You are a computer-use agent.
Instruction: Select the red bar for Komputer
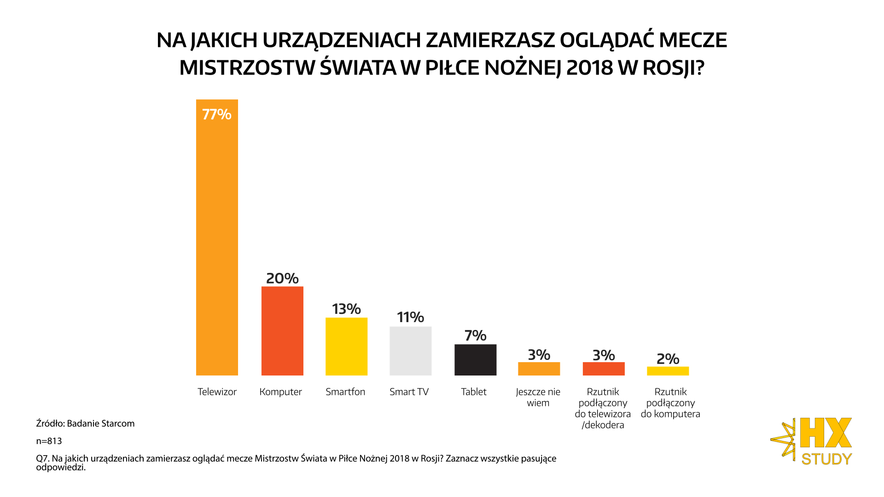tap(282, 331)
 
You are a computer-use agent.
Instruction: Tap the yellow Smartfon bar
tap(346, 347)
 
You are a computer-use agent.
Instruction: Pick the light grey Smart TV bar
tap(410, 351)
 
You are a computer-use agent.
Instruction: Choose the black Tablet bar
tap(475, 360)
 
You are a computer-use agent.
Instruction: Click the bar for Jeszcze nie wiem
tap(539, 369)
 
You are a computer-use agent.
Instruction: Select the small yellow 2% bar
tap(668, 371)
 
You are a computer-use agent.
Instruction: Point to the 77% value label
tap(217, 114)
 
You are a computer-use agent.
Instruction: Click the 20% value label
tap(282, 278)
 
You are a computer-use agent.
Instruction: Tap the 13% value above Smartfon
tap(346, 309)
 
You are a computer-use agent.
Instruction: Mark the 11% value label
tap(410, 317)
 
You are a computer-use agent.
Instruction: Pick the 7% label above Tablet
tap(475, 335)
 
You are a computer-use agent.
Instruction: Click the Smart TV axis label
tap(409, 392)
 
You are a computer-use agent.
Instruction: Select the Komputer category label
tap(280, 392)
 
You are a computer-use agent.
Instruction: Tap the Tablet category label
tap(474, 392)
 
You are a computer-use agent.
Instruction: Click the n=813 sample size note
tap(49, 441)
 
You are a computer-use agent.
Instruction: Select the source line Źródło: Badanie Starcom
tap(85, 423)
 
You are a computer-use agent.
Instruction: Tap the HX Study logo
tap(813, 441)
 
